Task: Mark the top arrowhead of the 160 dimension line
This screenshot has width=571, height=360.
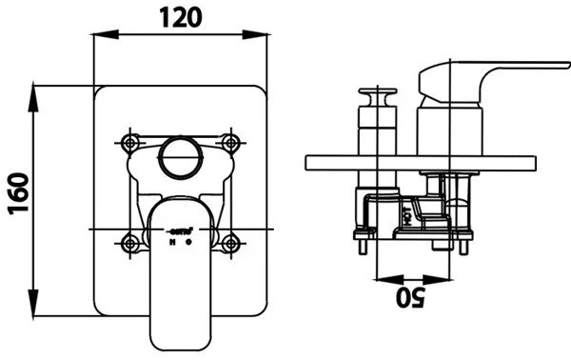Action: pos(35,91)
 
